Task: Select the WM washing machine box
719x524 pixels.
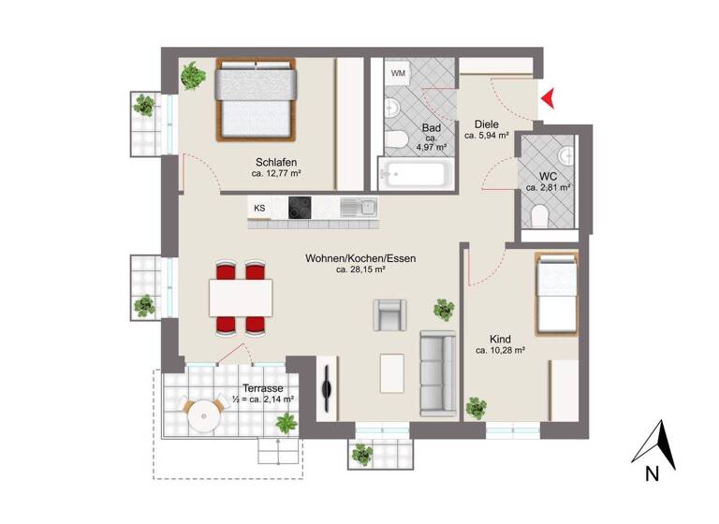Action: [x=399, y=73]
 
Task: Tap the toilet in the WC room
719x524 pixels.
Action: [x=538, y=217]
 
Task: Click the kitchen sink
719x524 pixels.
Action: [x=360, y=206]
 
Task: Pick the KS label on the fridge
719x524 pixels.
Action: [x=259, y=207]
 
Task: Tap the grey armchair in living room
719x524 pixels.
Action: [x=391, y=313]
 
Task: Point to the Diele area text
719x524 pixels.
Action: [x=487, y=124]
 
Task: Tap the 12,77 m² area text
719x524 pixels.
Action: [x=276, y=173]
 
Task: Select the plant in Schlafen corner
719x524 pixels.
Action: [x=194, y=75]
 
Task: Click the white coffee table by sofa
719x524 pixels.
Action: [x=393, y=373]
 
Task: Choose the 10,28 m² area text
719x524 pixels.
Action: [x=499, y=351]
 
